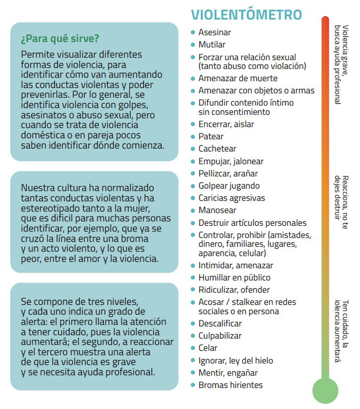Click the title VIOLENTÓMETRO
246,15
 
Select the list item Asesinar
215,33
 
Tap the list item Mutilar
212,45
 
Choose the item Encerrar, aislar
226,124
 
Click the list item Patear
211,136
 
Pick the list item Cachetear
217,149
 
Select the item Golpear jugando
229,186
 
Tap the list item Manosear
217,210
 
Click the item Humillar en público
234,278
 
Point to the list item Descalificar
220,324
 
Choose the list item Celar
208,348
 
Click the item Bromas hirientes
231,385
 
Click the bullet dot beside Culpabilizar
193,336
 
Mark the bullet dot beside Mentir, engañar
193,373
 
